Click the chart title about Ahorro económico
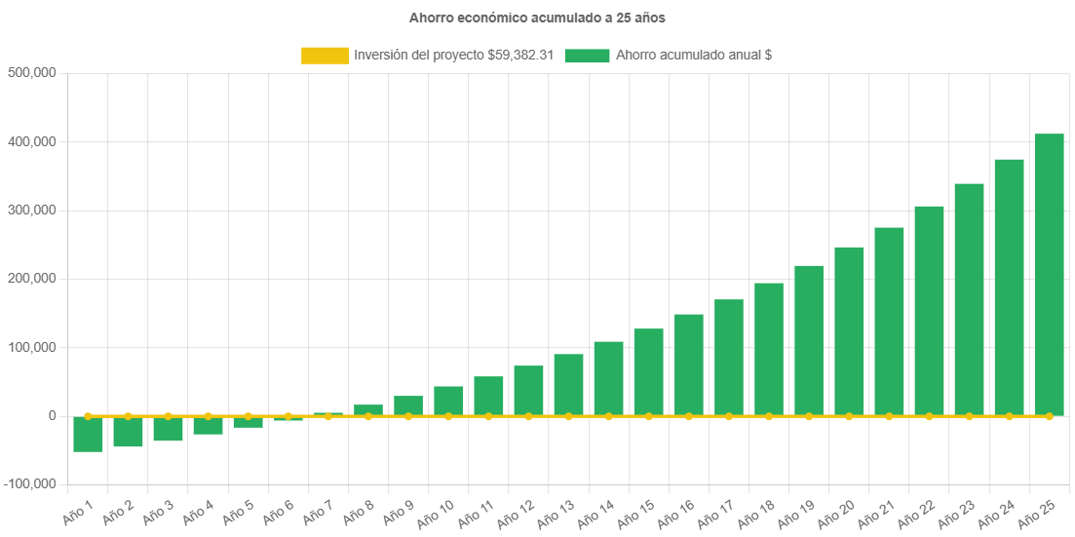point(537,18)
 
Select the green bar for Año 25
point(1049,274)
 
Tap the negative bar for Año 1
point(88,434)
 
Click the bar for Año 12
point(528,390)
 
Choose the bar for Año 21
point(889,321)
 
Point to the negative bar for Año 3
point(168,429)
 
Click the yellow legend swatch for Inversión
point(325,56)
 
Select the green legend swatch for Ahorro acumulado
point(587,56)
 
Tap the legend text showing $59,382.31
point(453,56)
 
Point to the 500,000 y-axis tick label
point(31,73)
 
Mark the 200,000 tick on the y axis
point(31,279)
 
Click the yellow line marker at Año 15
point(648,416)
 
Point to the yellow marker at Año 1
point(88,416)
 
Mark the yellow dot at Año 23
point(969,416)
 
